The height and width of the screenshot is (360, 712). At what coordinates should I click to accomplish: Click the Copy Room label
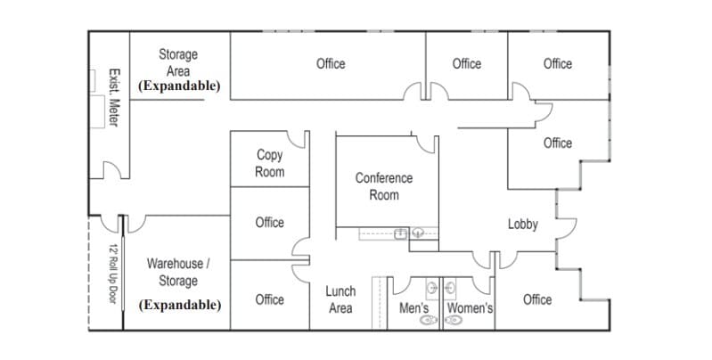[x=270, y=163]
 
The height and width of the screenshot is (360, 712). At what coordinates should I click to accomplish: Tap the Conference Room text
[x=384, y=185]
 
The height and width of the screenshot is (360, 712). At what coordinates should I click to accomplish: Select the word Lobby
[x=523, y=225]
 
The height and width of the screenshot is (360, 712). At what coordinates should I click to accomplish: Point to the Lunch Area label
[x=340, y=299]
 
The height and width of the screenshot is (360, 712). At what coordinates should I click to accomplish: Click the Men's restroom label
[x=414, y=308]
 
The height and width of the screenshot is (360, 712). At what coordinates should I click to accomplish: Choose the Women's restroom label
[x=470, y=308]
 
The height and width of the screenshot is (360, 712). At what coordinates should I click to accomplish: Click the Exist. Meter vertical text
[x=113, y=97]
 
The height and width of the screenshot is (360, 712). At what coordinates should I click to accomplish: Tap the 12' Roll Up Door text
[x=113, y=274]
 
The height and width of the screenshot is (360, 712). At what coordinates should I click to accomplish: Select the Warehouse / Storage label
[x=178, y=273]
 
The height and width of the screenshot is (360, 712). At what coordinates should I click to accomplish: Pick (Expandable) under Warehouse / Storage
[x=180, y=305]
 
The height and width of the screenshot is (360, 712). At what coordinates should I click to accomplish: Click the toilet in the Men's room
[x=430, y=319]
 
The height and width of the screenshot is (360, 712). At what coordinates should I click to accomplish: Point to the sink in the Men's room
[x=432, y=288]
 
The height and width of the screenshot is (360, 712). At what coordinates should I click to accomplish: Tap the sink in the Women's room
[x=450, y=288]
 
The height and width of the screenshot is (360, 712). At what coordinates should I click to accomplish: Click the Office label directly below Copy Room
[x=269, y=223]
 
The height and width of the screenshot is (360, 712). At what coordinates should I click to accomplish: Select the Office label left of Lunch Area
[x=269, y=299]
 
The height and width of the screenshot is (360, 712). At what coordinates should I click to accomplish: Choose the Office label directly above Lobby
[x=558, y=143]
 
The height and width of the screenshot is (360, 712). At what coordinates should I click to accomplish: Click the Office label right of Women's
[x=537, y=299]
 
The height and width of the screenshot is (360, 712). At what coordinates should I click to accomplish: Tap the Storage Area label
[x=178, y=62]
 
